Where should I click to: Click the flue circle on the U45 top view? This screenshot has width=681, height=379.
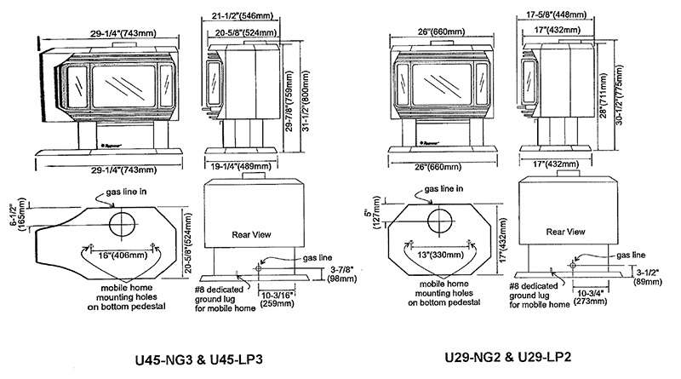(122, 226)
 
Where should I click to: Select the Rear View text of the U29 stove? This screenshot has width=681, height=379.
(565, 230)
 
